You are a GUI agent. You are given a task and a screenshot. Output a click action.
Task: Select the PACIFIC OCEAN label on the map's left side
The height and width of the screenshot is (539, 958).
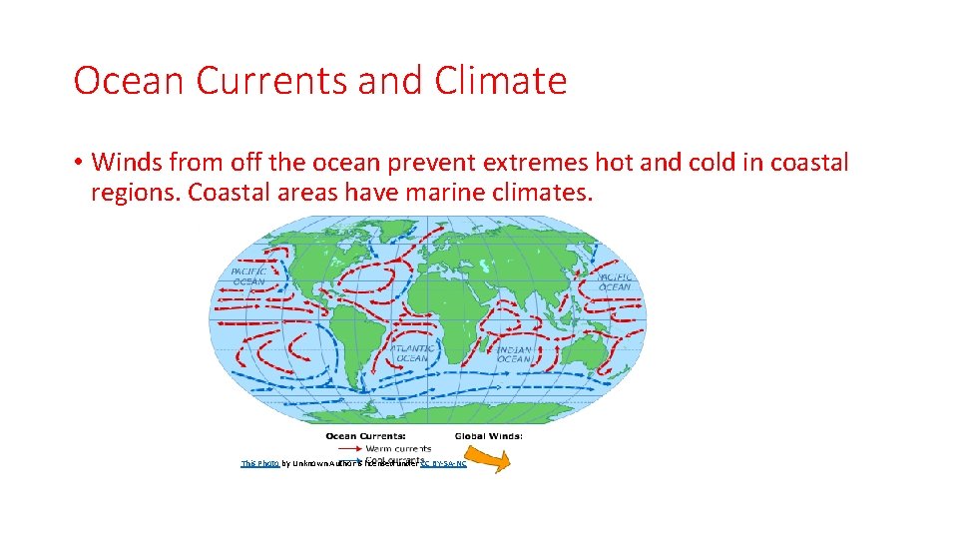[249, 275]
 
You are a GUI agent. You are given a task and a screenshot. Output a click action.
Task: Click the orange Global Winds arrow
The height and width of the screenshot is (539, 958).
[489, 459]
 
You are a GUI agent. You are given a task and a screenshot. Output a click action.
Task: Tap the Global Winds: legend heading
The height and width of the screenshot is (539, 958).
[489, 435]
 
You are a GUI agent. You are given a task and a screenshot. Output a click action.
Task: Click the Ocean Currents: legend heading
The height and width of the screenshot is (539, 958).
[365, 435]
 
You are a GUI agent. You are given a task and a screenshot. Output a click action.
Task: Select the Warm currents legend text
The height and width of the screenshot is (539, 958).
[397, 448]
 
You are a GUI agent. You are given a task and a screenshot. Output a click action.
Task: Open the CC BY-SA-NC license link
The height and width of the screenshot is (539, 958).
[443, 464]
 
